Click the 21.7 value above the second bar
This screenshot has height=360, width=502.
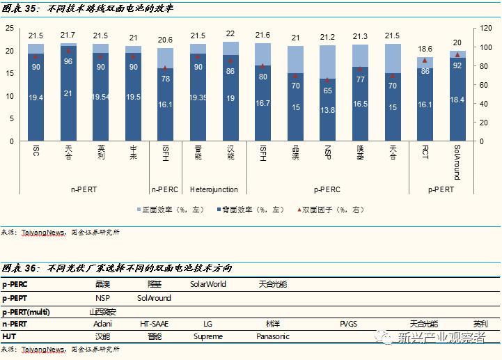[x=68, y=35]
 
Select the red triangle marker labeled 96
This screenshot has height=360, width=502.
[x=68, y=51]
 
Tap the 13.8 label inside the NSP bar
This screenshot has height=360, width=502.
[x=327, y=111]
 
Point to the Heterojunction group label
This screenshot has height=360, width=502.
[x=214, y=189]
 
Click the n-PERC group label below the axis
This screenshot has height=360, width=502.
[x=165, y=189]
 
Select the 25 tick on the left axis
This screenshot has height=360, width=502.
[x=9, y=29]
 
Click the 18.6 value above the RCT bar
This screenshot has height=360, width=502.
[x=425, y=49]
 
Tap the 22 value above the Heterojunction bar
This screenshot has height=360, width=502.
[x=230, y=33]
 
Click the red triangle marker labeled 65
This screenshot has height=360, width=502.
[x=327, y=80]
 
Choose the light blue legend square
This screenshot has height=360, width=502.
[x=139, y=209]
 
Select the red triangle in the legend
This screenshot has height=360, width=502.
[x=299, y=209]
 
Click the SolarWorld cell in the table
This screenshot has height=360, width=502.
[x=207, y=284]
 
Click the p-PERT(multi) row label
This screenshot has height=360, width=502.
[x=30, y=311]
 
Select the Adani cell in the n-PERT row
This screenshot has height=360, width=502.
[x=103, y=324]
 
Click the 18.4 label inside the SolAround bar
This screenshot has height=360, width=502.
[x=457, y=101]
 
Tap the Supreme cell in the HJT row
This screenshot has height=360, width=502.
[x=208, y=336]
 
